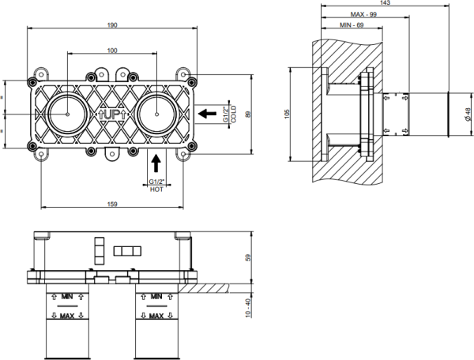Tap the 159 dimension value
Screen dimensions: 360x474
click(x=114, y=205)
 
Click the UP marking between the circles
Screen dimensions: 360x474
click(x=113, y=114)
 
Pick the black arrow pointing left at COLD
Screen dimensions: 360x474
click(x=207, y=114)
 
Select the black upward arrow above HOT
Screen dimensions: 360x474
click(x=156, y=163)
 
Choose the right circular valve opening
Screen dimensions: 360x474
click(x=160, y=114)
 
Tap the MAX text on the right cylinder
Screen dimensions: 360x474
click(x=157, y=315)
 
